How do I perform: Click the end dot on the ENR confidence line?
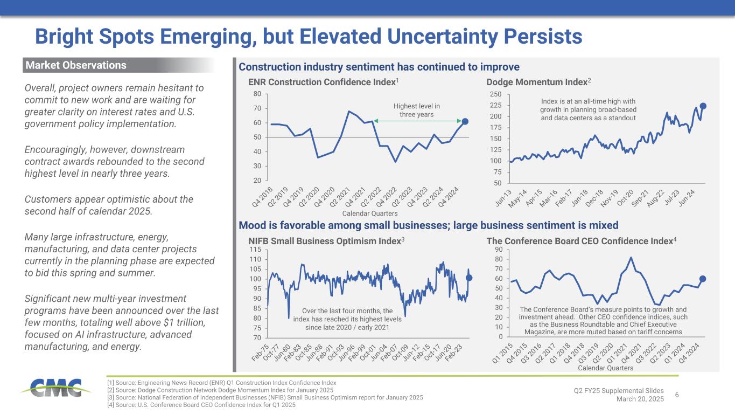pos(465,121)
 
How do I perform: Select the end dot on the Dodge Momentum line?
pos(703,106)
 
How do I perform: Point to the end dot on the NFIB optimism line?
pos(469,278)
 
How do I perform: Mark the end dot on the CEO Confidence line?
pos(702,279)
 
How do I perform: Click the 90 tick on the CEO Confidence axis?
pos(499,250)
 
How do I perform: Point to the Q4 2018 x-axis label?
pos(262,196)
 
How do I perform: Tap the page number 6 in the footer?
pos(677,395)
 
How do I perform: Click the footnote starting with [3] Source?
pos(265,397)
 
